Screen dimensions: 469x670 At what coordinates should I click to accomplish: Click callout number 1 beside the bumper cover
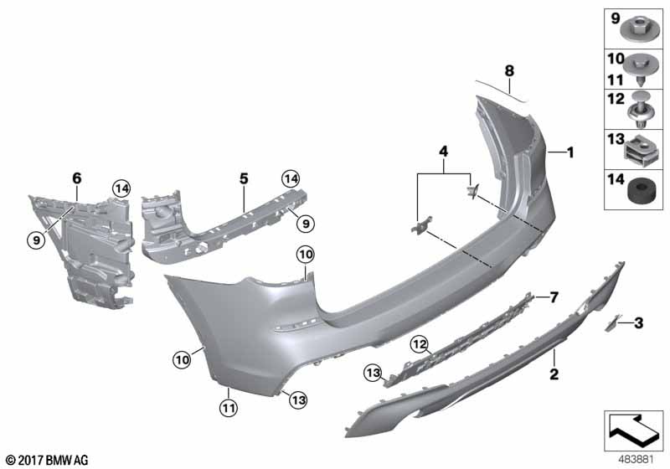point(570,152)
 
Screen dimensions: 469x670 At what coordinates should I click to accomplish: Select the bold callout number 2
point(554,374)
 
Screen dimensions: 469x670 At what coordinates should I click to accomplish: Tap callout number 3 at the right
point(638,322)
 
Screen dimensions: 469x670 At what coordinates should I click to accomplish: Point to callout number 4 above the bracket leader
point(444,152)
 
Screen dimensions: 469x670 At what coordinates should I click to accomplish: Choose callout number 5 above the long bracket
point(244,178)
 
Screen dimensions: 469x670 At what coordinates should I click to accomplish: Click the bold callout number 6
point(76,178)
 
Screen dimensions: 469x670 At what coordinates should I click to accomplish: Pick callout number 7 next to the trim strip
point(553,297)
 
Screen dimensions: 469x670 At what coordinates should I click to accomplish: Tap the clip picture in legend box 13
point(639,151)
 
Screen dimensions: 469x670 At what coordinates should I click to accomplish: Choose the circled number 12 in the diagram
point(419,342)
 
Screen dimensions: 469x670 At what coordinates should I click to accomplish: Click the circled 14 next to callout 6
point(122,188)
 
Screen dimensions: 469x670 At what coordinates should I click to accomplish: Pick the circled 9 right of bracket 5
point(307,223)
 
